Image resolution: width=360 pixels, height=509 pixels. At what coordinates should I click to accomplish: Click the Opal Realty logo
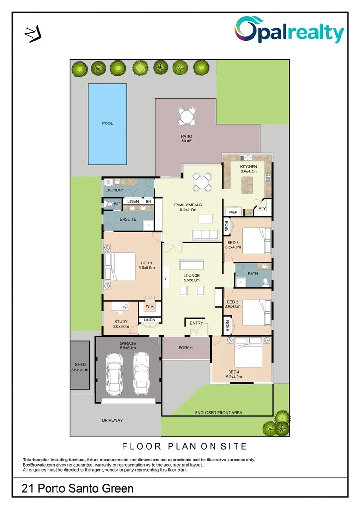pyautogui.click(x=289, y=31)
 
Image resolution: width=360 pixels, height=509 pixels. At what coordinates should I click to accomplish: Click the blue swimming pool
pyautogui.click(x=107, y=124)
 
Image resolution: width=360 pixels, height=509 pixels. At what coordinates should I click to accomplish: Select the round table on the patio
pyautogui.click(x=187, y=116)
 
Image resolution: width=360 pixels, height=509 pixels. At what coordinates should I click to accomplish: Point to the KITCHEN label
pyautogui.click(x=248, y=167)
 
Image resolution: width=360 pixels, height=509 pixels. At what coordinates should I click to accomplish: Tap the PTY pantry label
pyautogui.click(x=262, y=208)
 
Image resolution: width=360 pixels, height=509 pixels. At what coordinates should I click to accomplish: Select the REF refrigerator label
pyautogui.click(x=233, y=213)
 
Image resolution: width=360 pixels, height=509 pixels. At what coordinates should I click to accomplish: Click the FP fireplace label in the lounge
pyautogui.click(x=165, y=279)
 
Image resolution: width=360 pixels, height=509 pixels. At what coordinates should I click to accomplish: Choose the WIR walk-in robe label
pyautogui.click(x=150, y=306)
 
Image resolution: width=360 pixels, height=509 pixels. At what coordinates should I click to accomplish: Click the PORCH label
pyautogui.click(x=186, y=348)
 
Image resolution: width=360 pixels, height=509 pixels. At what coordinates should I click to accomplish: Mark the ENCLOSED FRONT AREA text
pyautogui.click(x=218, y=413)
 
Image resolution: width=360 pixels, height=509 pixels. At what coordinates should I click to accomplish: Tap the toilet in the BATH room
pyautogui.click(x=265, y=282)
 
